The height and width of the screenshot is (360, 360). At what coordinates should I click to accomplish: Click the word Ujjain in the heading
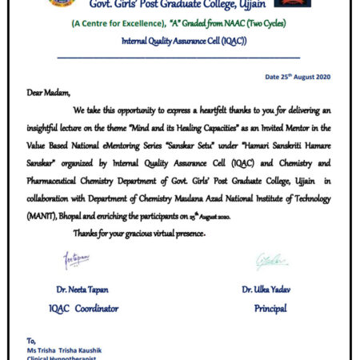tap(264, 8)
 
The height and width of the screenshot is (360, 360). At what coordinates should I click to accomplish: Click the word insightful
tap(46, 123)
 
